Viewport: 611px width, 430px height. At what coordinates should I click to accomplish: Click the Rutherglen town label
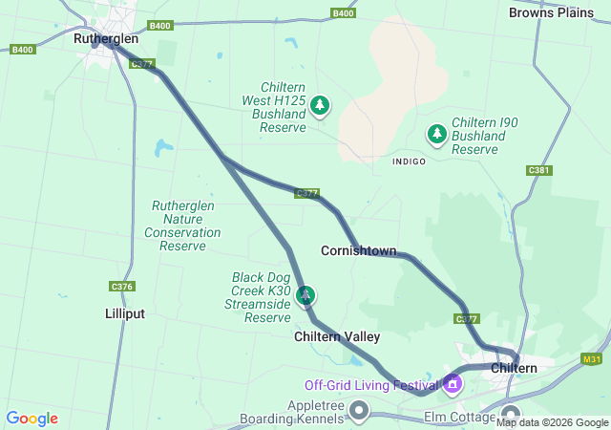click(106, 39)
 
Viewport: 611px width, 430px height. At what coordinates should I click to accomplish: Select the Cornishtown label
click(358, 250)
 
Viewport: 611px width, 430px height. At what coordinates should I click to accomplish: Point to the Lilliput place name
click(125, 313)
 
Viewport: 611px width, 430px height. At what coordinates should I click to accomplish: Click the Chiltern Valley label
click(337, 336)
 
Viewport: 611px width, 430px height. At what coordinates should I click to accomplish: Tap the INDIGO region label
click(409, 161)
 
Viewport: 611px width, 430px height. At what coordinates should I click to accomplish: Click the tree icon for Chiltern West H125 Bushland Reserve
click(321, 105)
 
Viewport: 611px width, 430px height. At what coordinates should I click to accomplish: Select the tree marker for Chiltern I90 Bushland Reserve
click(437, 134)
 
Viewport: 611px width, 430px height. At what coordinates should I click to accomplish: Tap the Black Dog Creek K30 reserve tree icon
click(305, 295)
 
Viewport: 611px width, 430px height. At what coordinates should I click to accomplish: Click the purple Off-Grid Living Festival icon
click(452, 385)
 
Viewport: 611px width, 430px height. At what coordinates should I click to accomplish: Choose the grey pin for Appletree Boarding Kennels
click(360, 411)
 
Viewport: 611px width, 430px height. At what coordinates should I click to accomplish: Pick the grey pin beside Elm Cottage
click(506, 417)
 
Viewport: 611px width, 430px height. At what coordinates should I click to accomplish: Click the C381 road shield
click(538, 170)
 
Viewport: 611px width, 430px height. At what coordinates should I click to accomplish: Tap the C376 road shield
click(122, 287)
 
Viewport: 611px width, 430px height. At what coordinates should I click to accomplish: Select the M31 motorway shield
click(591, 358)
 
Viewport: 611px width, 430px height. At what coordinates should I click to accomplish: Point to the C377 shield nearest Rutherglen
click(142, 64)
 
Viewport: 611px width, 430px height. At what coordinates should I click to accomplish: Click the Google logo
click(32, 419)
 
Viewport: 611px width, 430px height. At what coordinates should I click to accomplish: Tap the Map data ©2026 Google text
click(552, 422)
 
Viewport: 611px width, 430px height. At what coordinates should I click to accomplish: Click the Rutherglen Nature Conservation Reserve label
click(183, 226)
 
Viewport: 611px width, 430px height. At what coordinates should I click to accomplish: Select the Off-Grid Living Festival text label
click(370, 385)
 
